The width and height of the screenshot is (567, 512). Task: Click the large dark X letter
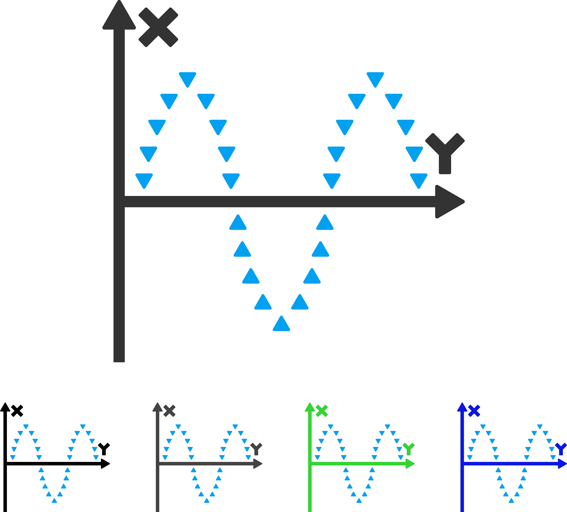point(158,27)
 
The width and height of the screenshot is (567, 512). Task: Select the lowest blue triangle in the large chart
point(281,324)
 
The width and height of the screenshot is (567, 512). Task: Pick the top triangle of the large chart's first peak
point(187,79)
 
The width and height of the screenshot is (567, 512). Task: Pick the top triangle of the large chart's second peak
point(375,79)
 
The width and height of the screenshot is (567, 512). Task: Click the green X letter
point(322,411)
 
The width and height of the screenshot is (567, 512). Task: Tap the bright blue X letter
point(474,411)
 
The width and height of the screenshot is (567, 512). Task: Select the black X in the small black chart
point(17,411)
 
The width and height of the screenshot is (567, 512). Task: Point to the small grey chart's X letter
point(169,411)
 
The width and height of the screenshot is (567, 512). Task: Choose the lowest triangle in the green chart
point(359,500)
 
